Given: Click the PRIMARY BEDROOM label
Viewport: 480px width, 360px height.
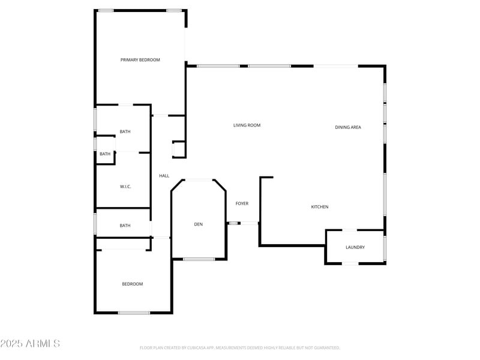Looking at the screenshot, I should [x=140, y=60].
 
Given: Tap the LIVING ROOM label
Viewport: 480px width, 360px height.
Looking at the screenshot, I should [x=247, y=125].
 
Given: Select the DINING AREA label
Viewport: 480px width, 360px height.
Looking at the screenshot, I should [x=348, y=127].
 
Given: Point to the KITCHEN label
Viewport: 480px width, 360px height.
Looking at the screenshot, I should [x=319, y=207].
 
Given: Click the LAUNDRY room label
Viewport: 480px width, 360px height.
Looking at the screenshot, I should [x=355, y=247].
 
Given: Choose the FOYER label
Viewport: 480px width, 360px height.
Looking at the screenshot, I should [x=242, y=204].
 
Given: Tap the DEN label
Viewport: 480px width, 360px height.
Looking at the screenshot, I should [x=198, y=224].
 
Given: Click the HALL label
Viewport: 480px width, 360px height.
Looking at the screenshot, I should [x=164, y=176].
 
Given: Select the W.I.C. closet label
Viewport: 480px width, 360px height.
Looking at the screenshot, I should [x=125, y=187].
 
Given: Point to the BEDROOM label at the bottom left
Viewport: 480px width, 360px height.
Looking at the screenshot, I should [x=133, y=284].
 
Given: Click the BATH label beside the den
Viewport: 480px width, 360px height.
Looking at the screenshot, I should [x=125, y=226].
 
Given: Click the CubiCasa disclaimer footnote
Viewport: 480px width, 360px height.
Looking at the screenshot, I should [x=240, y=347].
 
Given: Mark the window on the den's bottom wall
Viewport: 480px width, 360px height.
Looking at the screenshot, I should [x=199, y=259].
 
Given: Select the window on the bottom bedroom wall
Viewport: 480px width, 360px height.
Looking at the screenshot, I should [x=134, y=313].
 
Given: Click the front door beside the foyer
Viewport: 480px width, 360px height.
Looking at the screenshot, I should [x=249, y=223].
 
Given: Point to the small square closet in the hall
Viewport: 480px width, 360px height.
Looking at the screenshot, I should [x=179, y=149].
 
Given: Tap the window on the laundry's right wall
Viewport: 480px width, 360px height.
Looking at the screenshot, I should [x=385, y=247].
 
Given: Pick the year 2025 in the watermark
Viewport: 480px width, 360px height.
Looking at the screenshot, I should [x=11, y=344].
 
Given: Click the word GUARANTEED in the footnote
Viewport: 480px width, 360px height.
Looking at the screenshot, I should [x=326, y=347].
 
